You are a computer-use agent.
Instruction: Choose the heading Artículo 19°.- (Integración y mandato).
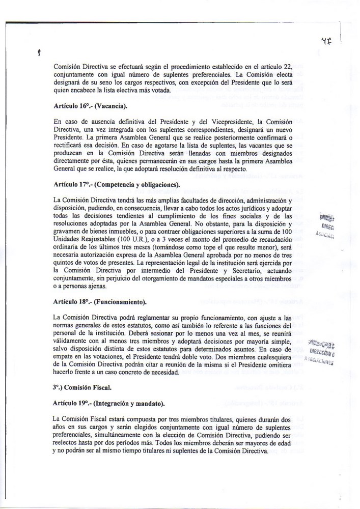(x=108, y=404)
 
